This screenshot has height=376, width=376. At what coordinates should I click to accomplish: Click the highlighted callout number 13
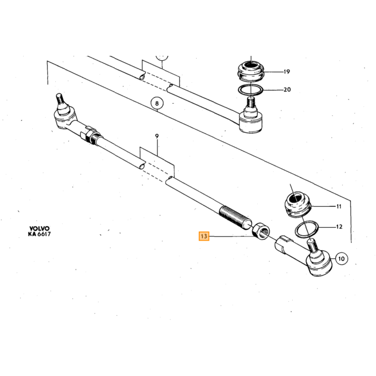coord(204,236)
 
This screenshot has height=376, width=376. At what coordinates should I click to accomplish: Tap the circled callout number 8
coord(157,103)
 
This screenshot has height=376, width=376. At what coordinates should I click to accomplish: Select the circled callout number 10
coord(341,258)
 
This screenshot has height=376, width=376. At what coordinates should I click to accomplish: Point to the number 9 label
coord(157,136)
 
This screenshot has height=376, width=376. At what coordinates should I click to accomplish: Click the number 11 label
coord(338,206)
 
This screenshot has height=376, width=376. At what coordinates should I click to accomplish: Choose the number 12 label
coord(339,227)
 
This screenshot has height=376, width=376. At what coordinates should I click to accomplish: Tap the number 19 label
coord(286,71)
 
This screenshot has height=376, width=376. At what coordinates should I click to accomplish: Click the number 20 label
coord(287,90)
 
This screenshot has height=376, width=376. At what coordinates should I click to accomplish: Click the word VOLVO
coord(39,228)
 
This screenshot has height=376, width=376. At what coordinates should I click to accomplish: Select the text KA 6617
coord(39,234)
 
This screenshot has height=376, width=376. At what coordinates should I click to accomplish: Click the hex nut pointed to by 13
coord(261,231)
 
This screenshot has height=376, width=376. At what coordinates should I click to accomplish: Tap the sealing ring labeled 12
coord(306,229)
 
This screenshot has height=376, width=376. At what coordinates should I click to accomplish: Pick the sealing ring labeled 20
coord(250,90)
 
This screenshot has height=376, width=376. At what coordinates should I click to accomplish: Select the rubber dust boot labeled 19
coord(251,71)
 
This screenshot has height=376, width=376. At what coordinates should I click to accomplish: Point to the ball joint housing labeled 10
coord(320,263)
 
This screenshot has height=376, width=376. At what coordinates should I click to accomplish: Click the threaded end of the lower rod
coord(235,217)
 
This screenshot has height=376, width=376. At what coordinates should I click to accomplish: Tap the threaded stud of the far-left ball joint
coord(60,99)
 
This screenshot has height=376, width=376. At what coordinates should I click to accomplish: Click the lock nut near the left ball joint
coord(91,136)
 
